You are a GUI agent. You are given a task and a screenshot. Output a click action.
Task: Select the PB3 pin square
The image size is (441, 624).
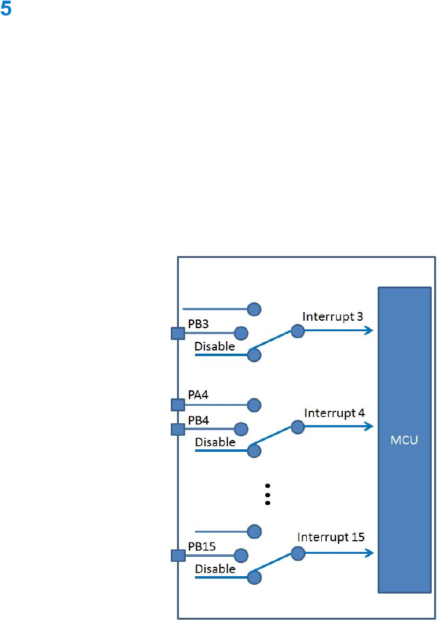point(178,334)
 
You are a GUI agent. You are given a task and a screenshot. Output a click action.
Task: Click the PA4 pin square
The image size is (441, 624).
point(178,405)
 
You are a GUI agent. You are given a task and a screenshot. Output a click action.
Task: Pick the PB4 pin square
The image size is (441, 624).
point(178,429)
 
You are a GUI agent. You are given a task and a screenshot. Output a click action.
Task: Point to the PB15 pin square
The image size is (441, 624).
point(178,556)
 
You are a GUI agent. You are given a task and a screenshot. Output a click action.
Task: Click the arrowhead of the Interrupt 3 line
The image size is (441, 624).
point(370,331)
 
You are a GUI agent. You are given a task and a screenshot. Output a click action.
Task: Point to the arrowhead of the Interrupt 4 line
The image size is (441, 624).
point(370,427)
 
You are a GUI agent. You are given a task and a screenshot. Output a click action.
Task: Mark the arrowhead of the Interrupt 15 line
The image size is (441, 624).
point(370,553)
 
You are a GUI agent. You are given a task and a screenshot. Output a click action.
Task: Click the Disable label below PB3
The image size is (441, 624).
point(215,346)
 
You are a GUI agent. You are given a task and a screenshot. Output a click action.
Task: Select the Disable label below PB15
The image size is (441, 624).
point(215,569)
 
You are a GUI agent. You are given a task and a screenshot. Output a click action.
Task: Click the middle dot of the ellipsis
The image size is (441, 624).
point(268,494)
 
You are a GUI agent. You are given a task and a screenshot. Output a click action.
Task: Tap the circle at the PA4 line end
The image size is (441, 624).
point(253,405)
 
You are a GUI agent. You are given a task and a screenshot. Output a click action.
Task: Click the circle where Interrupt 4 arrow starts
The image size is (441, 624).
point(298,427)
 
